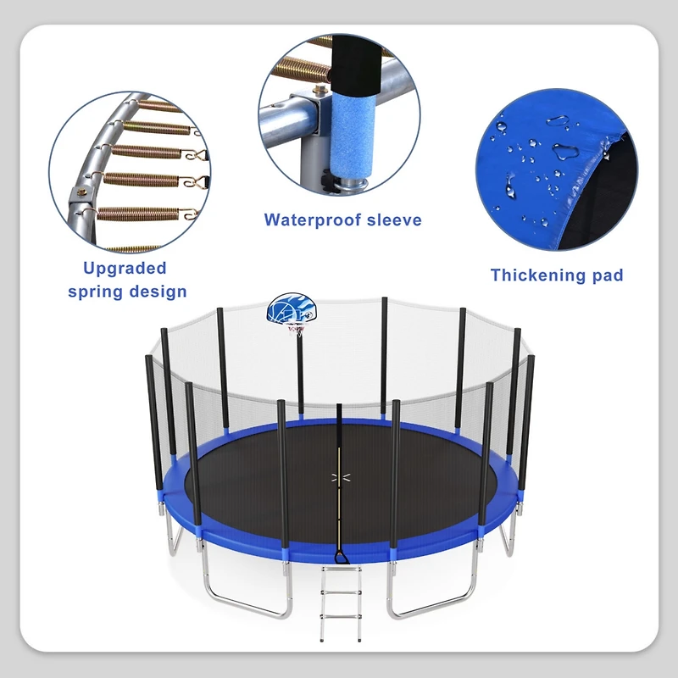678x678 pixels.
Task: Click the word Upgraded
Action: click(125, 269)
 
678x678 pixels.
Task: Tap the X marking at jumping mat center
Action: click(339, 479)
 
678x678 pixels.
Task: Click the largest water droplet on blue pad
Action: click(564, 153)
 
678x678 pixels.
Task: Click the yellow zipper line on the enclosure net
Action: click(339, 500)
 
